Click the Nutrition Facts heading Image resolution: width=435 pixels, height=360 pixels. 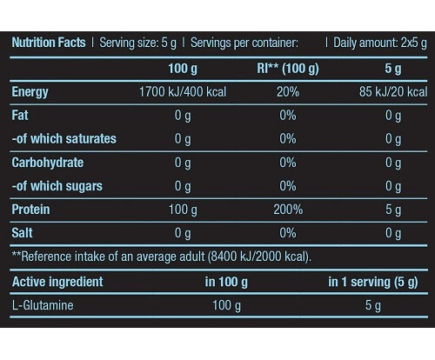(x=49, y=43)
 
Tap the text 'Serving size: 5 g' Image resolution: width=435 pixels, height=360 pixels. (x=137, y=43)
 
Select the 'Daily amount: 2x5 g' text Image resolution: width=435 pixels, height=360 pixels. (x=380, y=43)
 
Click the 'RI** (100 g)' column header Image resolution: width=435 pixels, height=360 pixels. (x=288, y=69)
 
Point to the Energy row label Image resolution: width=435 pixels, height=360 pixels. (x=30, y=92)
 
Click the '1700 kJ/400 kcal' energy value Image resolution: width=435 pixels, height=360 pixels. (x=183, y=92)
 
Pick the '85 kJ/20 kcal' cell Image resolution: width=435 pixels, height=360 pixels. (x=393, y=92)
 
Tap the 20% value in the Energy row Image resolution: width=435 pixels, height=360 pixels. (x=288, y=92)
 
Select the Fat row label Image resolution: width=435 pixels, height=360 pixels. (x=20, y=116)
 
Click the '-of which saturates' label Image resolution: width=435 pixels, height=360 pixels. (x=64, y=139)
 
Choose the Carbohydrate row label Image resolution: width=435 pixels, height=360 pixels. (x=48, y=163)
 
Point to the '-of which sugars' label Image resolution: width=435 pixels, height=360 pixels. (x=57, y=186)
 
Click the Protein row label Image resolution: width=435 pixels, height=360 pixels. (x=30, y=210)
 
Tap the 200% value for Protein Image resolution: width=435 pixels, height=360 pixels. (x=288, y=210)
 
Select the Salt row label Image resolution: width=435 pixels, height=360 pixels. (x=22, y=233)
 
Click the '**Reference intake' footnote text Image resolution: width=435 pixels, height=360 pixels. (x=162, y=257)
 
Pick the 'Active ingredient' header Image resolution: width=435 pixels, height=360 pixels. (x=57, y=282)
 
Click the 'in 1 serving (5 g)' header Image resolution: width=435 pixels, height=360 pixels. (x=373, y=282)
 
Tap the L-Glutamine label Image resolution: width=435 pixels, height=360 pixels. (x=43, y=305)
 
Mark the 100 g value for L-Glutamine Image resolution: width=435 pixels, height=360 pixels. (x=226, y=305)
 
